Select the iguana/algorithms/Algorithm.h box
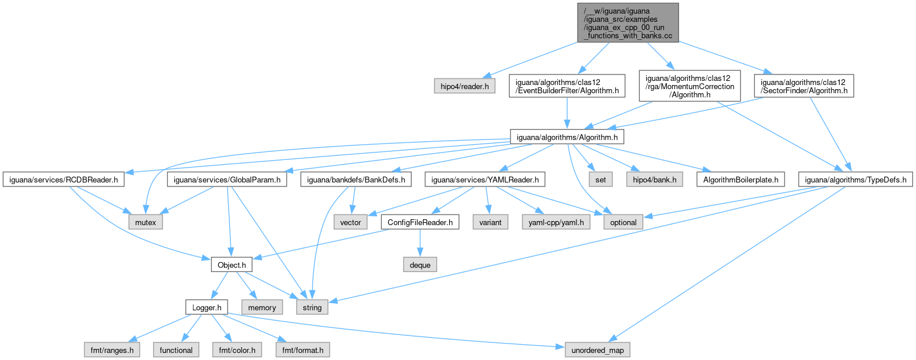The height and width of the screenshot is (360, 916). coord(566,137)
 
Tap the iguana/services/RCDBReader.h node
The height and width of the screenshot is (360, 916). coord(63,180)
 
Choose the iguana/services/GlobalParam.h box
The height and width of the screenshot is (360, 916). coord(227,180)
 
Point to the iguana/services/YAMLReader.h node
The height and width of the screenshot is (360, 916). coord(486,180)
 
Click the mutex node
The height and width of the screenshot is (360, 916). coord(146,223)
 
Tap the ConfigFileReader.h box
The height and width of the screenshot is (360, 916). coord(420,223)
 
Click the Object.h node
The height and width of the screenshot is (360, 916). coord(231,265)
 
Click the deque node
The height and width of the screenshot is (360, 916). coord(420,265)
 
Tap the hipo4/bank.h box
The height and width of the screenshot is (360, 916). coord(653,180)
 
